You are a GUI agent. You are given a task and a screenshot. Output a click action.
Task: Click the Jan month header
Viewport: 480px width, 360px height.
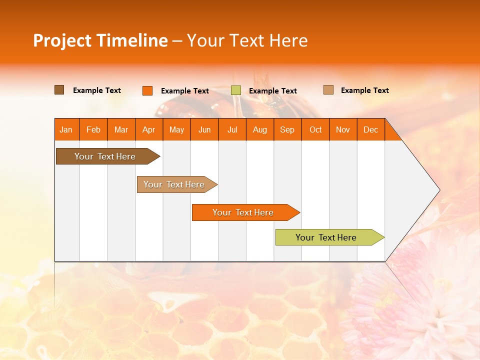coord(66,129)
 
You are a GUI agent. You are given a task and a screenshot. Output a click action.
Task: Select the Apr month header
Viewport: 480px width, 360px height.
coord(148,129)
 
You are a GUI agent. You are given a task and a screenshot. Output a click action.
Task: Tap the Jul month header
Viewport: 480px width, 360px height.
coord(232,129)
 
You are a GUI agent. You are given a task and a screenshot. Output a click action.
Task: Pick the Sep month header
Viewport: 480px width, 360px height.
coord(287,129)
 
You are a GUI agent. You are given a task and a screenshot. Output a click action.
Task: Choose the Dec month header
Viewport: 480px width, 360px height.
coord(370,129)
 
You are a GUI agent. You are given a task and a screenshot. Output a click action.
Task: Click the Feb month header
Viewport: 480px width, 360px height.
coord(93,129)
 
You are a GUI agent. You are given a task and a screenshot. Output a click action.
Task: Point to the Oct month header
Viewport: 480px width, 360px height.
coord(315,129)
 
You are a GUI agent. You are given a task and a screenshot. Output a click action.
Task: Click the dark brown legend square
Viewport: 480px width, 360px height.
coord(59,90)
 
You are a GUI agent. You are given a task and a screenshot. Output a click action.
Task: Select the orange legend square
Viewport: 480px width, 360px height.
coord(147,90)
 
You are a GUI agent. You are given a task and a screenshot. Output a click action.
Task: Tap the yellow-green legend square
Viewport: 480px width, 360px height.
coord(236,90)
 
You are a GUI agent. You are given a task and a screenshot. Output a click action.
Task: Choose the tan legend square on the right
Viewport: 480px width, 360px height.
coord(328,90)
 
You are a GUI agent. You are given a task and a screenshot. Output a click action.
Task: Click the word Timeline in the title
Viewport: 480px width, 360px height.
coord(132,40)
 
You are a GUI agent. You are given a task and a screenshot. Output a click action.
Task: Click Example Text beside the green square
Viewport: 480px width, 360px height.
coord(272,91)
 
